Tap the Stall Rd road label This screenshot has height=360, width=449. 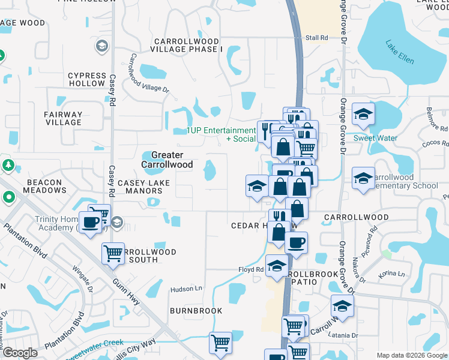(317, 38)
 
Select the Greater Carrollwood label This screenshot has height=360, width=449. (167, 160)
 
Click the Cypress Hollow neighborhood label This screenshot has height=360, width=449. (86, 79)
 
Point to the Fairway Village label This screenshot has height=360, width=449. (63, 118)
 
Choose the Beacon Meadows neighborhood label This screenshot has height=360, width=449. (45, 186)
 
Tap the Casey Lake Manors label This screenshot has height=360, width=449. (143, 187)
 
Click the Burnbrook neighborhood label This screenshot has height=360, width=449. (196, 311)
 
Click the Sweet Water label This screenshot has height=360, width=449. (375, 138)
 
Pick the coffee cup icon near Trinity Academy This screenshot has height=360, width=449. (91, 223)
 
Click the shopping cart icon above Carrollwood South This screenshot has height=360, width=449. (113, 254)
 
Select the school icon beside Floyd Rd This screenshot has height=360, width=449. (277, 266)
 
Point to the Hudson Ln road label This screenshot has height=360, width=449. (185, 289)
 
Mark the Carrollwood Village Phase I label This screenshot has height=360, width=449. (188, 45)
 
